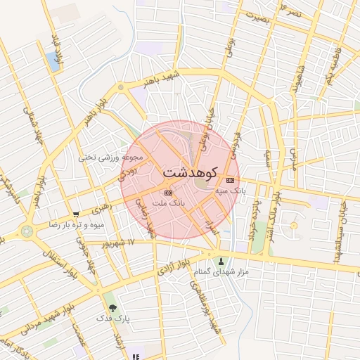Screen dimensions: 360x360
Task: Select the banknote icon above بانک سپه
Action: (231, 181)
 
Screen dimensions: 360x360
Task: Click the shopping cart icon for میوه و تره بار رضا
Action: (76, 214)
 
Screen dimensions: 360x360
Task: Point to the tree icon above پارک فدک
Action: (112, 307)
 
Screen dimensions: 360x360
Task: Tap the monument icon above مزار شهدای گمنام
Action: (223, 262)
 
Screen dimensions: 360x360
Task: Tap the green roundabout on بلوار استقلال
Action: (27, 230)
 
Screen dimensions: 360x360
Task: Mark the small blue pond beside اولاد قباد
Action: (53, 60)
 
